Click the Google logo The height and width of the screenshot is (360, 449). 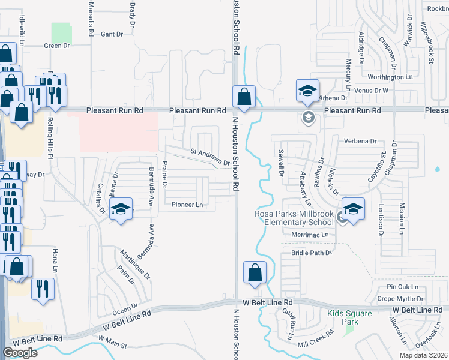(x=20, y=353)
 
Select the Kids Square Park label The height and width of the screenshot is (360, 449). (x=350, y=317)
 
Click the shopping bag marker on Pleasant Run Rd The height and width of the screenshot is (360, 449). (x=244, y=97)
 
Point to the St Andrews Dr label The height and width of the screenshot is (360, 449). (x=210, y=157)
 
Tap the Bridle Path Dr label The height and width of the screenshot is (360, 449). (x=312, y=253)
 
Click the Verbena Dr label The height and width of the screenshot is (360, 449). (x=360, y=142)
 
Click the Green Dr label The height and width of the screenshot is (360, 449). (x=58, y=46)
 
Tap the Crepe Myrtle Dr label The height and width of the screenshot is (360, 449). (x=400, y=298)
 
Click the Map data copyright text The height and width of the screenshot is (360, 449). (x=425, y=355)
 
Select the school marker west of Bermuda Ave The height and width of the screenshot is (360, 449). (x=121, y=209)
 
